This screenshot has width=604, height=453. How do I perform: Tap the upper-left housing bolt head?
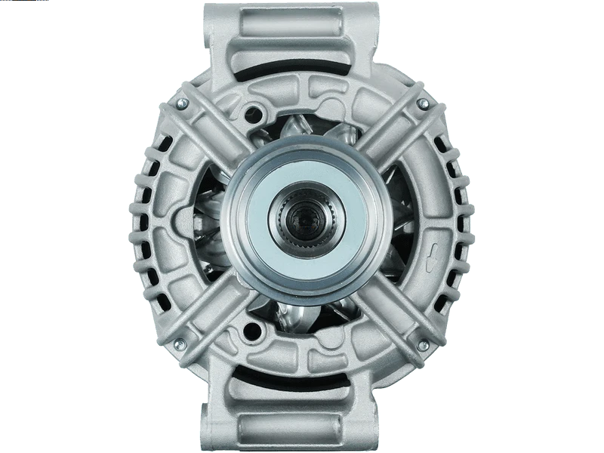[183, 103]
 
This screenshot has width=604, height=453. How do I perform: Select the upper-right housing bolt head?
[423, 103]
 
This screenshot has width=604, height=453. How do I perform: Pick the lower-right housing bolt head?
[423, 345]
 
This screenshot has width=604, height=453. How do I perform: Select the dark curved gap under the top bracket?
[302, 72]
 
